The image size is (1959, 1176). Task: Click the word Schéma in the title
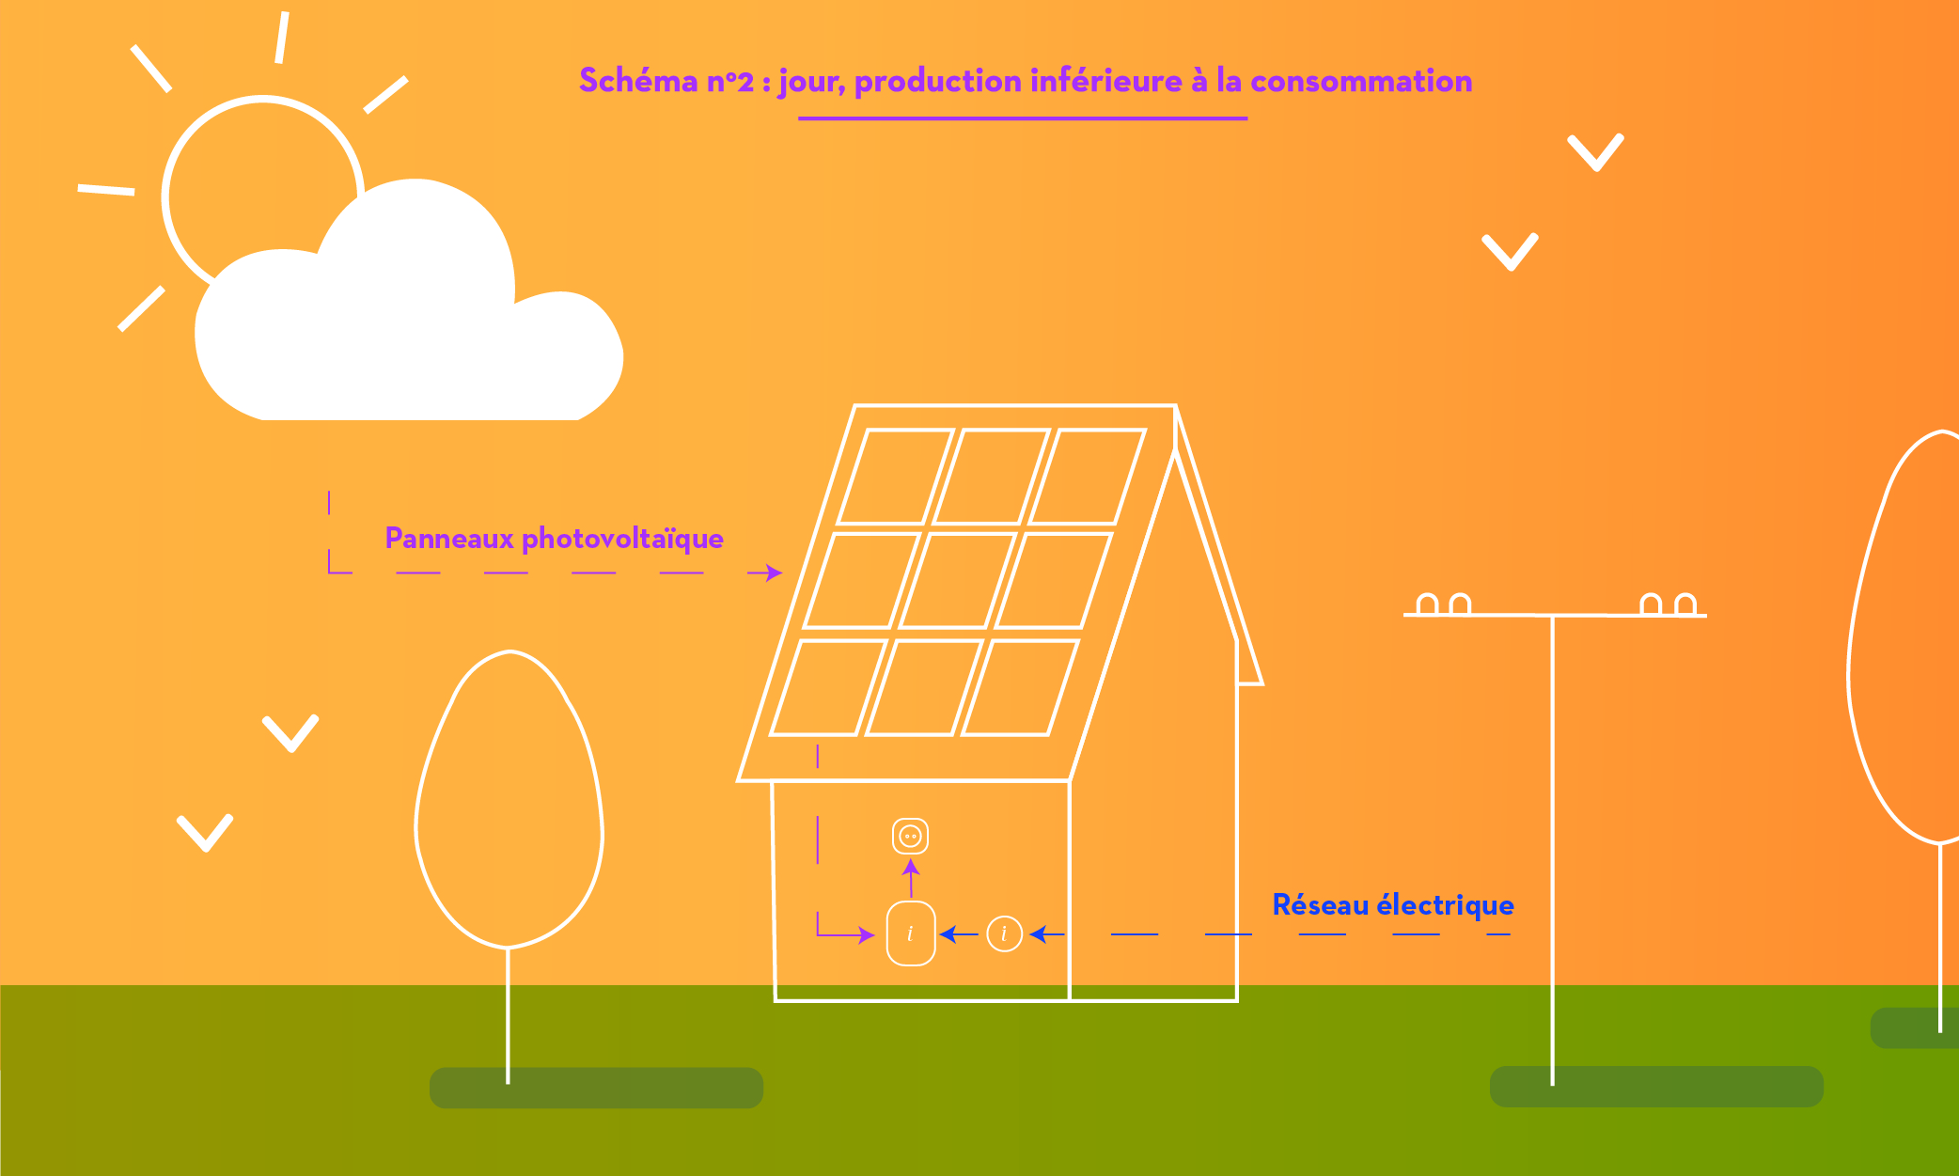638,81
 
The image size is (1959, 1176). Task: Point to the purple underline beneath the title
1023,118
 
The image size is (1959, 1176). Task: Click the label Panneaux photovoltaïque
554,539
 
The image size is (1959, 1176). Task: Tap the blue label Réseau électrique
1393,904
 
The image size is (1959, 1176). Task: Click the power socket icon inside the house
910,836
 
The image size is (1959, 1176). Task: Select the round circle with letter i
1005,933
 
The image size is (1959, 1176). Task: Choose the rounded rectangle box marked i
911,933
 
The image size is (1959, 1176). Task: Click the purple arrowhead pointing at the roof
774,572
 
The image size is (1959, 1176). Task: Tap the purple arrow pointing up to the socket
911,878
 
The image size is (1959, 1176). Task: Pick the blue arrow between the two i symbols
959,933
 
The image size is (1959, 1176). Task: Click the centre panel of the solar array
958,580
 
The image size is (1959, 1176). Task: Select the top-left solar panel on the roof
896,476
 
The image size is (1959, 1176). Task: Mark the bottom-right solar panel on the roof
1020,687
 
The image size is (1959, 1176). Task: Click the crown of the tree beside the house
509,799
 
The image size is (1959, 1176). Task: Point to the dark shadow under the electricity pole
1656,1086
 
